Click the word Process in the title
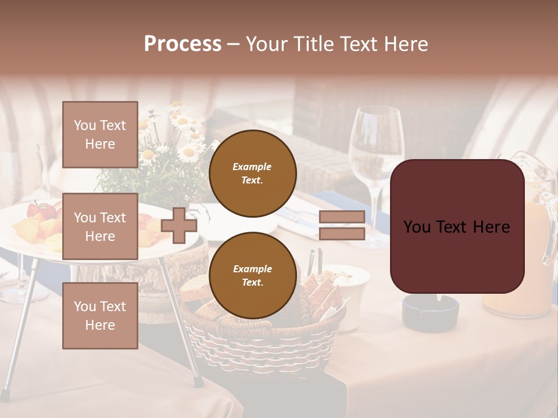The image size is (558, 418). click(x=183, y=44)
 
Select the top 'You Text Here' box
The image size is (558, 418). click(x=100, y=135)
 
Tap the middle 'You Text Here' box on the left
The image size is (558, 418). click(x=100, y=226)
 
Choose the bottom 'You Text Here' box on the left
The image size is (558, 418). click(x=100, y=316)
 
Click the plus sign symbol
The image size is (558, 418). click(x=179, y=225)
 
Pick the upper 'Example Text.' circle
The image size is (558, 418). click(x=252, y=173)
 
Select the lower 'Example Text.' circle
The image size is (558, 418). click(x=252, y=275)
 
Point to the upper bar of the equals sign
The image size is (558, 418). click(x=342, y=217)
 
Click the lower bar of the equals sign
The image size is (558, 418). click(x=342, y=233)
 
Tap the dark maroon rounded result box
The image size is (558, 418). click(x=457, y=226)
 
